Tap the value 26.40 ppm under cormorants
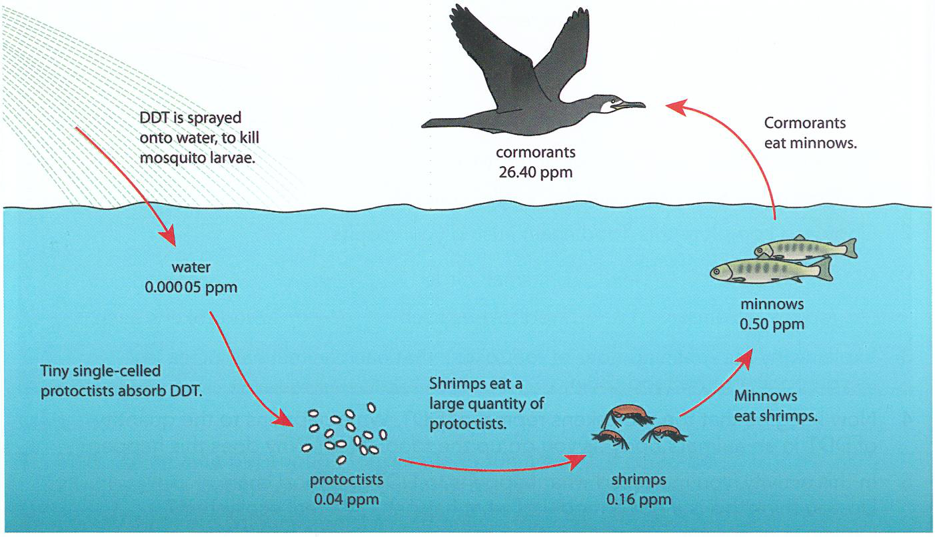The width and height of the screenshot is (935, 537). (x=536, y=172)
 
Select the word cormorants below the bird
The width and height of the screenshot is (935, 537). (x=536, y=151)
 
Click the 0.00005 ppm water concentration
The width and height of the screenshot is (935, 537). (x=191, y=287)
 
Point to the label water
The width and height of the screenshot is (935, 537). (x=191, y=267)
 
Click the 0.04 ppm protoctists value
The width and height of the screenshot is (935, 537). (x=347, y=500)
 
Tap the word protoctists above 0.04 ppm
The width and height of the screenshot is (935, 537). (x=347, y=480)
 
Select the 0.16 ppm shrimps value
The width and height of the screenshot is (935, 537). (x=638, y=500)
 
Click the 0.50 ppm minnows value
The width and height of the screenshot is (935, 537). (x=772, y=324)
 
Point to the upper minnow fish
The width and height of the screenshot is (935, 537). (x=806, y=247)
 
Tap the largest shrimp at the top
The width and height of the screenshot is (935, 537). (x=627, y=414)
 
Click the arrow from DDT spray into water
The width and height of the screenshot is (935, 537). (x=126, y=186)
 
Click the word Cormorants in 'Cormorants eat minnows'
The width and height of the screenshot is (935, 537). (x=805, y=123)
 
